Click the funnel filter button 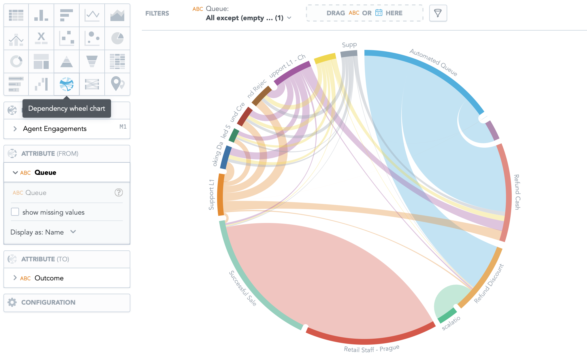[x=438, y=13]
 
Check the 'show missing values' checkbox [x=15, y=212]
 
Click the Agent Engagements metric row [x=55, y=129]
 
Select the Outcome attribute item [x=49, y=278]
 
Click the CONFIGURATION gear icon [x=12, y=302]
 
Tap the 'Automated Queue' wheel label [x=433, y=62]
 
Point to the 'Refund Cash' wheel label [x=517, y=192]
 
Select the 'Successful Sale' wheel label [x=242, y=288]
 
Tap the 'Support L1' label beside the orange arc [x=212, y=194]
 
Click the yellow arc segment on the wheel [x=325, y=58]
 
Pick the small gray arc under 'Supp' [x=349, y=54]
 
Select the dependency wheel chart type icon [x=67, y=84]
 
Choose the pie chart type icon [x=117, y=38]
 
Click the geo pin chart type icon [x=117, y=84]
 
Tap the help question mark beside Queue [x=119, y=192]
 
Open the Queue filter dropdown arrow [x=289, y=18]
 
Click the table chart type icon [x=16, y=15]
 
